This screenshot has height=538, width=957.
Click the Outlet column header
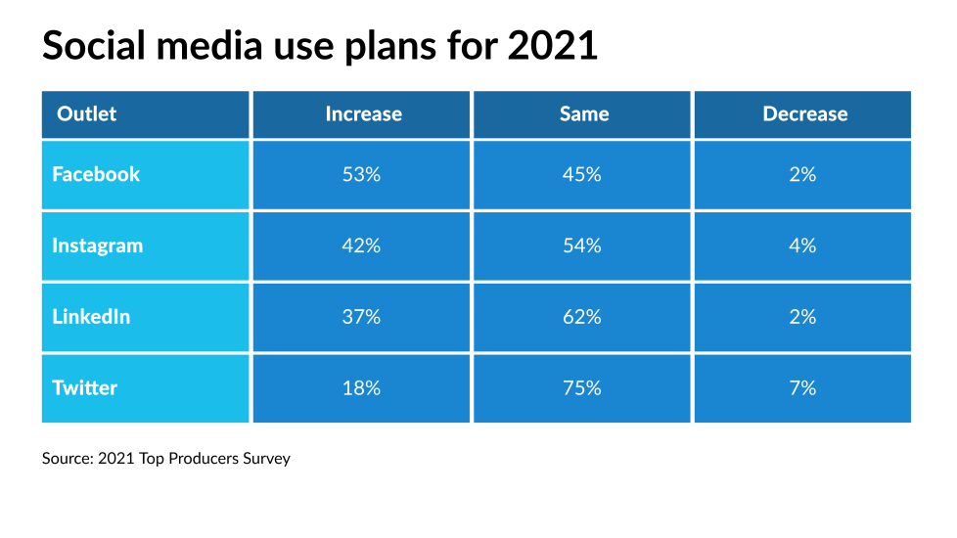point(86,114)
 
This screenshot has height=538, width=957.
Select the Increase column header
point(363,114)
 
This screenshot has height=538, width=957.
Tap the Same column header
point(583,114)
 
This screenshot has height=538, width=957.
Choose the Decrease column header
point(804,114)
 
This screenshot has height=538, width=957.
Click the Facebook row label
point(96,174)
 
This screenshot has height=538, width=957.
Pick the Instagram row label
point(97,246)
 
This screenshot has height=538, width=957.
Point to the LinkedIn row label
point(91,317)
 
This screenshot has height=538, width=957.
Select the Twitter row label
point(84,388)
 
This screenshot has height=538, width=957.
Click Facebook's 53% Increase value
point(362,175)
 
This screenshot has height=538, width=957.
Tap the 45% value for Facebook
point(582,175)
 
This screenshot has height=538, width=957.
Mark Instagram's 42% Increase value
point(362,246)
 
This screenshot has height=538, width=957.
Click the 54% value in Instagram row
point(582,246)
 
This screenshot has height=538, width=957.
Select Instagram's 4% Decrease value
point(802,246)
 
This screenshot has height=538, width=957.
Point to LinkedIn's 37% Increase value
point(362,317)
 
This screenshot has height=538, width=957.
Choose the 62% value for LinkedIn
point(582,317)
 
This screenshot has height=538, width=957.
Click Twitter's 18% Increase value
point(362,388)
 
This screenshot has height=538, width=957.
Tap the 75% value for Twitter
point(582,388)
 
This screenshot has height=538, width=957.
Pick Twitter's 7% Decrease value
point(802,388)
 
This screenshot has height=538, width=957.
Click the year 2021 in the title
point(552,46)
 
